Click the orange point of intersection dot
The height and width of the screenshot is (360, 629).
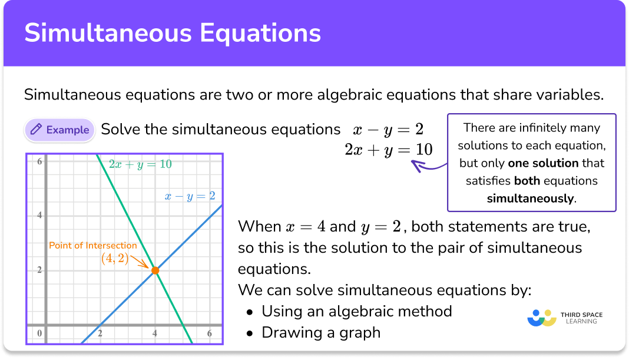[x=155, y=270]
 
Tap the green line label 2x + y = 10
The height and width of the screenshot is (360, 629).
[x=140, y=164]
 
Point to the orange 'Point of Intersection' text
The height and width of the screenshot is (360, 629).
[x=92, y=246]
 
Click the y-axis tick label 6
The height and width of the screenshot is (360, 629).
[x=39, y=161]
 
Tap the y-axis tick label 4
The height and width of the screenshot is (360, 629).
[x=39, y=215]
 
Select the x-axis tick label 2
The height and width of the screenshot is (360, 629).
[x=100, y=334]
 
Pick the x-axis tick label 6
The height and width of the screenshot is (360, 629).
[x=210, y=334]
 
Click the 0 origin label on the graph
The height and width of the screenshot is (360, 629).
[x=39, y=334]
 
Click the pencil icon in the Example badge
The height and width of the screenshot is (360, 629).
[x=36, y=130]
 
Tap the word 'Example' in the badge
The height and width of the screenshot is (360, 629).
[x=68, y=130]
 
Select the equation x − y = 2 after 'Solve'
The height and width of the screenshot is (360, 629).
[x=388, y=130]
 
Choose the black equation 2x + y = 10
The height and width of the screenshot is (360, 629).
[x=388, y=150]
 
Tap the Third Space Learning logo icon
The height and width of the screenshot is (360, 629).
[x=542, y=318]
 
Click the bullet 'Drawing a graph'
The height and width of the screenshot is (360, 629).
[x=321, y=332]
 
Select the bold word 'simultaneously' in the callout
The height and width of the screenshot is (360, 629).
[x=530, y=199]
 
